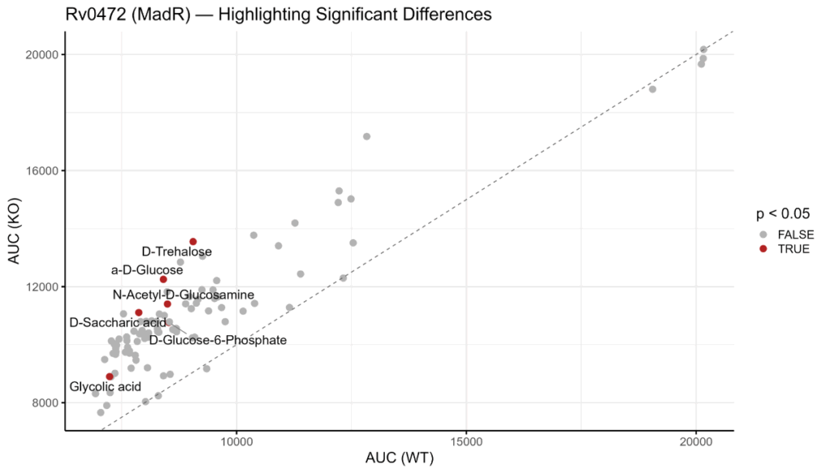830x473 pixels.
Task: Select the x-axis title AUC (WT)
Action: [399, 458]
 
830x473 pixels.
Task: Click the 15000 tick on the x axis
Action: [466, 442]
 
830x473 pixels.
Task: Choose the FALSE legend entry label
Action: [795, 234]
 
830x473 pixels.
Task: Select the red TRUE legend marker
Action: [763, 249]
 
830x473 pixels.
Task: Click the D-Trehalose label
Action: [177, 252]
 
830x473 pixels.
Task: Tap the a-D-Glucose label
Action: [147, 270]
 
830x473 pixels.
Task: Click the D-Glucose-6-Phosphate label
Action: [218, 340]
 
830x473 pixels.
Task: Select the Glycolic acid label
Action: [105, 387]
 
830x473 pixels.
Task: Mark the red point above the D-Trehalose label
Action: [193, 241]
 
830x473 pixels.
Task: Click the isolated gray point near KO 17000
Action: [366, 136]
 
